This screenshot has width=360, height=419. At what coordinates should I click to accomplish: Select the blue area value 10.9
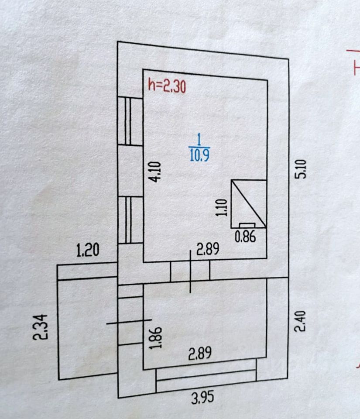point(199,155)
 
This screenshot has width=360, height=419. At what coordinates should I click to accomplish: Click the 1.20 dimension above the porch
point(88,251)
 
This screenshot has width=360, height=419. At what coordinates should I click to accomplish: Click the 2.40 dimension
point(300,321)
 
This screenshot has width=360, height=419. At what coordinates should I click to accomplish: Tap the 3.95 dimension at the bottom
point(203,398)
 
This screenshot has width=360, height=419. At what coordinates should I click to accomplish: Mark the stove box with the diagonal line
point(249,203)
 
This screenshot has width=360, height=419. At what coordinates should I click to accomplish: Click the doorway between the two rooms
point(190,271)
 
